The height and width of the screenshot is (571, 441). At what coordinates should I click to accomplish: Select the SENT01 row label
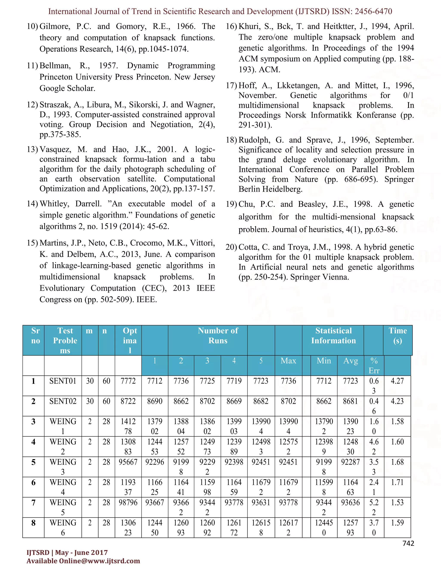pos(63,381)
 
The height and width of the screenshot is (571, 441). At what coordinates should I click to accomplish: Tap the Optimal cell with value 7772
pos(128,381)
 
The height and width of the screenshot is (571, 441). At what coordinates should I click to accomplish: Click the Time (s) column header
pos(397,335)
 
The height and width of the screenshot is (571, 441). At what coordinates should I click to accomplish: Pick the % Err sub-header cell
pos(374,365)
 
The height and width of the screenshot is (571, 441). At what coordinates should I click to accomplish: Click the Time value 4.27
pos(397,381)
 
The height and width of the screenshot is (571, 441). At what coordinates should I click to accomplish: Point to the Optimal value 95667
pos(128,462)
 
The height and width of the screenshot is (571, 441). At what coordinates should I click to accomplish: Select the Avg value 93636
pos(350,502)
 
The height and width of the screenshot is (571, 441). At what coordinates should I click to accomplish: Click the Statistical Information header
pos(333,335)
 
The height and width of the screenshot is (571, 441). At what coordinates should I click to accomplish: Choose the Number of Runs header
pos(218,335)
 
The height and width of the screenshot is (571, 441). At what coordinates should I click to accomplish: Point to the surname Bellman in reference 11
pos(55,66)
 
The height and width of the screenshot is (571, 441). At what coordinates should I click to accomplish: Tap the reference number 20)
pos(231,247)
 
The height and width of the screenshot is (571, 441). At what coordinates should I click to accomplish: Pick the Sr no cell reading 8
pos(33,523)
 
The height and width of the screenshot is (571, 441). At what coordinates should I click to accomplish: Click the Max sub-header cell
pos(288,361)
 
